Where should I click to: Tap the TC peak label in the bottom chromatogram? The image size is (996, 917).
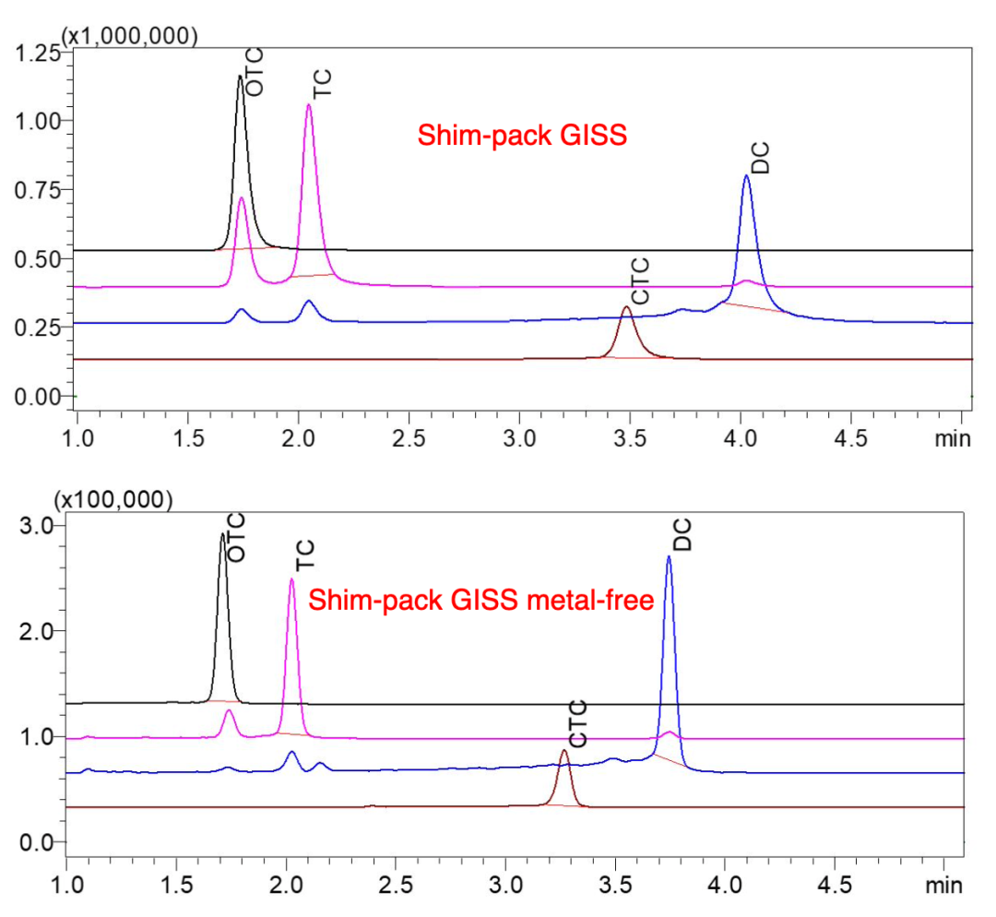(307, 554)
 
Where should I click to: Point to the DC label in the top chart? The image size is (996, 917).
(760, 158)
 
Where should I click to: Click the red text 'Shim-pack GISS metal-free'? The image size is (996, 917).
(480, 601)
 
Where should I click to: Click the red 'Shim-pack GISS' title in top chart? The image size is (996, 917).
(522, 137)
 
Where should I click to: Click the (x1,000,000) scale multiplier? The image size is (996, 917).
(128, 36)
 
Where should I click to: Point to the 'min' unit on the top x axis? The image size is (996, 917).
(952, 438)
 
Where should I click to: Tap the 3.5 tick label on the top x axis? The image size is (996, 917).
(630, 438)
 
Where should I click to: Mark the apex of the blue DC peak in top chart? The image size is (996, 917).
(746, 175)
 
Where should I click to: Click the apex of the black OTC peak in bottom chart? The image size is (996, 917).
(222, 533)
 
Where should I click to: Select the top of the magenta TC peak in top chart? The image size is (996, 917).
(308, 104)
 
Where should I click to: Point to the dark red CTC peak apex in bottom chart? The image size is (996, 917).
(564, 750)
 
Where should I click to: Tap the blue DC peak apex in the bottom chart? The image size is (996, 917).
(669, 555)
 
